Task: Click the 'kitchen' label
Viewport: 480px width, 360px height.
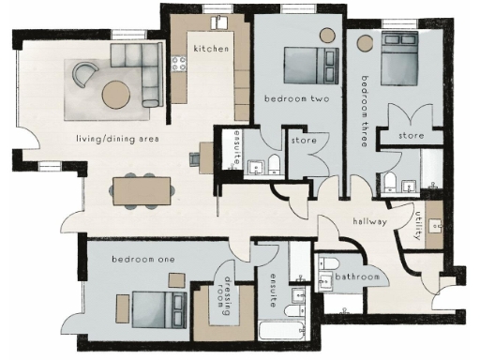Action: tap(211, 48)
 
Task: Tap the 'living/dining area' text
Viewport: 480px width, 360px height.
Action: tap(117, 140)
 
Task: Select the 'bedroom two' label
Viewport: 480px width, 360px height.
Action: tap(296, 98)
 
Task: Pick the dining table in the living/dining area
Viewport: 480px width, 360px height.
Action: tap(142, 190)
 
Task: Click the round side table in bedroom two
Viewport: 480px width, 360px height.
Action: tap(327, 35)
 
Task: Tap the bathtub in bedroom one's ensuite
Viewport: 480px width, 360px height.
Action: tap(284, 332)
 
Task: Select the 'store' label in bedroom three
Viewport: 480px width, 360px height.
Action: tap(410, 136)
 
